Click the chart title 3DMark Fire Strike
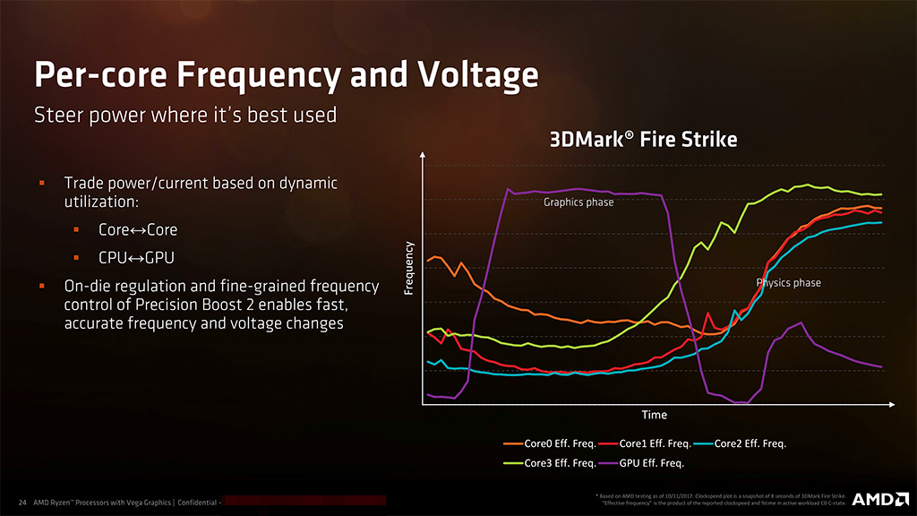click(x=643, y=140)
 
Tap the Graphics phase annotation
click(x=578, y=202)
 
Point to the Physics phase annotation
click(x=788, y=283)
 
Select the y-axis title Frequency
click(x=409, y=268)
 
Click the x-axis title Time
click(x=654, y=415)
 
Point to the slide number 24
click(x=21, y=502)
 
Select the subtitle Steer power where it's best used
click(x=184, y=115)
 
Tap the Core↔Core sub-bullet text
click(x=138, y=229)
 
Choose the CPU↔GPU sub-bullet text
click(x=136, y=258)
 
